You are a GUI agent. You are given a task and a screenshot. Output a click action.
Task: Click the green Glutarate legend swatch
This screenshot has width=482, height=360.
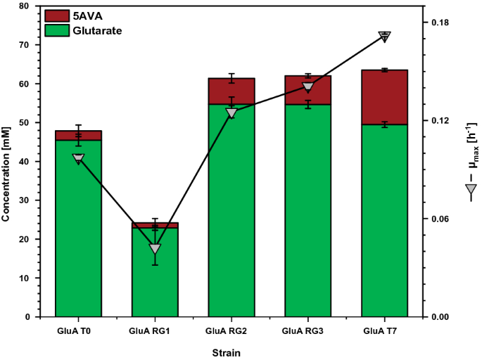56,30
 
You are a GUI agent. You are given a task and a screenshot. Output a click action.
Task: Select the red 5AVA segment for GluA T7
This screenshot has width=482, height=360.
384,97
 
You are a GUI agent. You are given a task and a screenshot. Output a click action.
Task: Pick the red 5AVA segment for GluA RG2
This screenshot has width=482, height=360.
231,91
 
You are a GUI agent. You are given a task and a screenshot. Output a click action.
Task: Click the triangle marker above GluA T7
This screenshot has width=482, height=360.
384,37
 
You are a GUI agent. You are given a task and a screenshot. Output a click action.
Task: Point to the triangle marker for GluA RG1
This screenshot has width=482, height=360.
155,249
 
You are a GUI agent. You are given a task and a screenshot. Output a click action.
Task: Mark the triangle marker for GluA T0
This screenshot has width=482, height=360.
78,159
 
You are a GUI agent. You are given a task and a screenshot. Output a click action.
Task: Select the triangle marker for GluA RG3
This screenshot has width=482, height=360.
307,87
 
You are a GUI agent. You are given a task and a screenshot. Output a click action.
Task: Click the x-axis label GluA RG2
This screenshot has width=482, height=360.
231,330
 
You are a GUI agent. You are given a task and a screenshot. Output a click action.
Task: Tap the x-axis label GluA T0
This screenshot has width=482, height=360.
78,330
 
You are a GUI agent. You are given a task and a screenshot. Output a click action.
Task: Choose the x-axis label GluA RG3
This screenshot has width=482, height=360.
307,330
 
